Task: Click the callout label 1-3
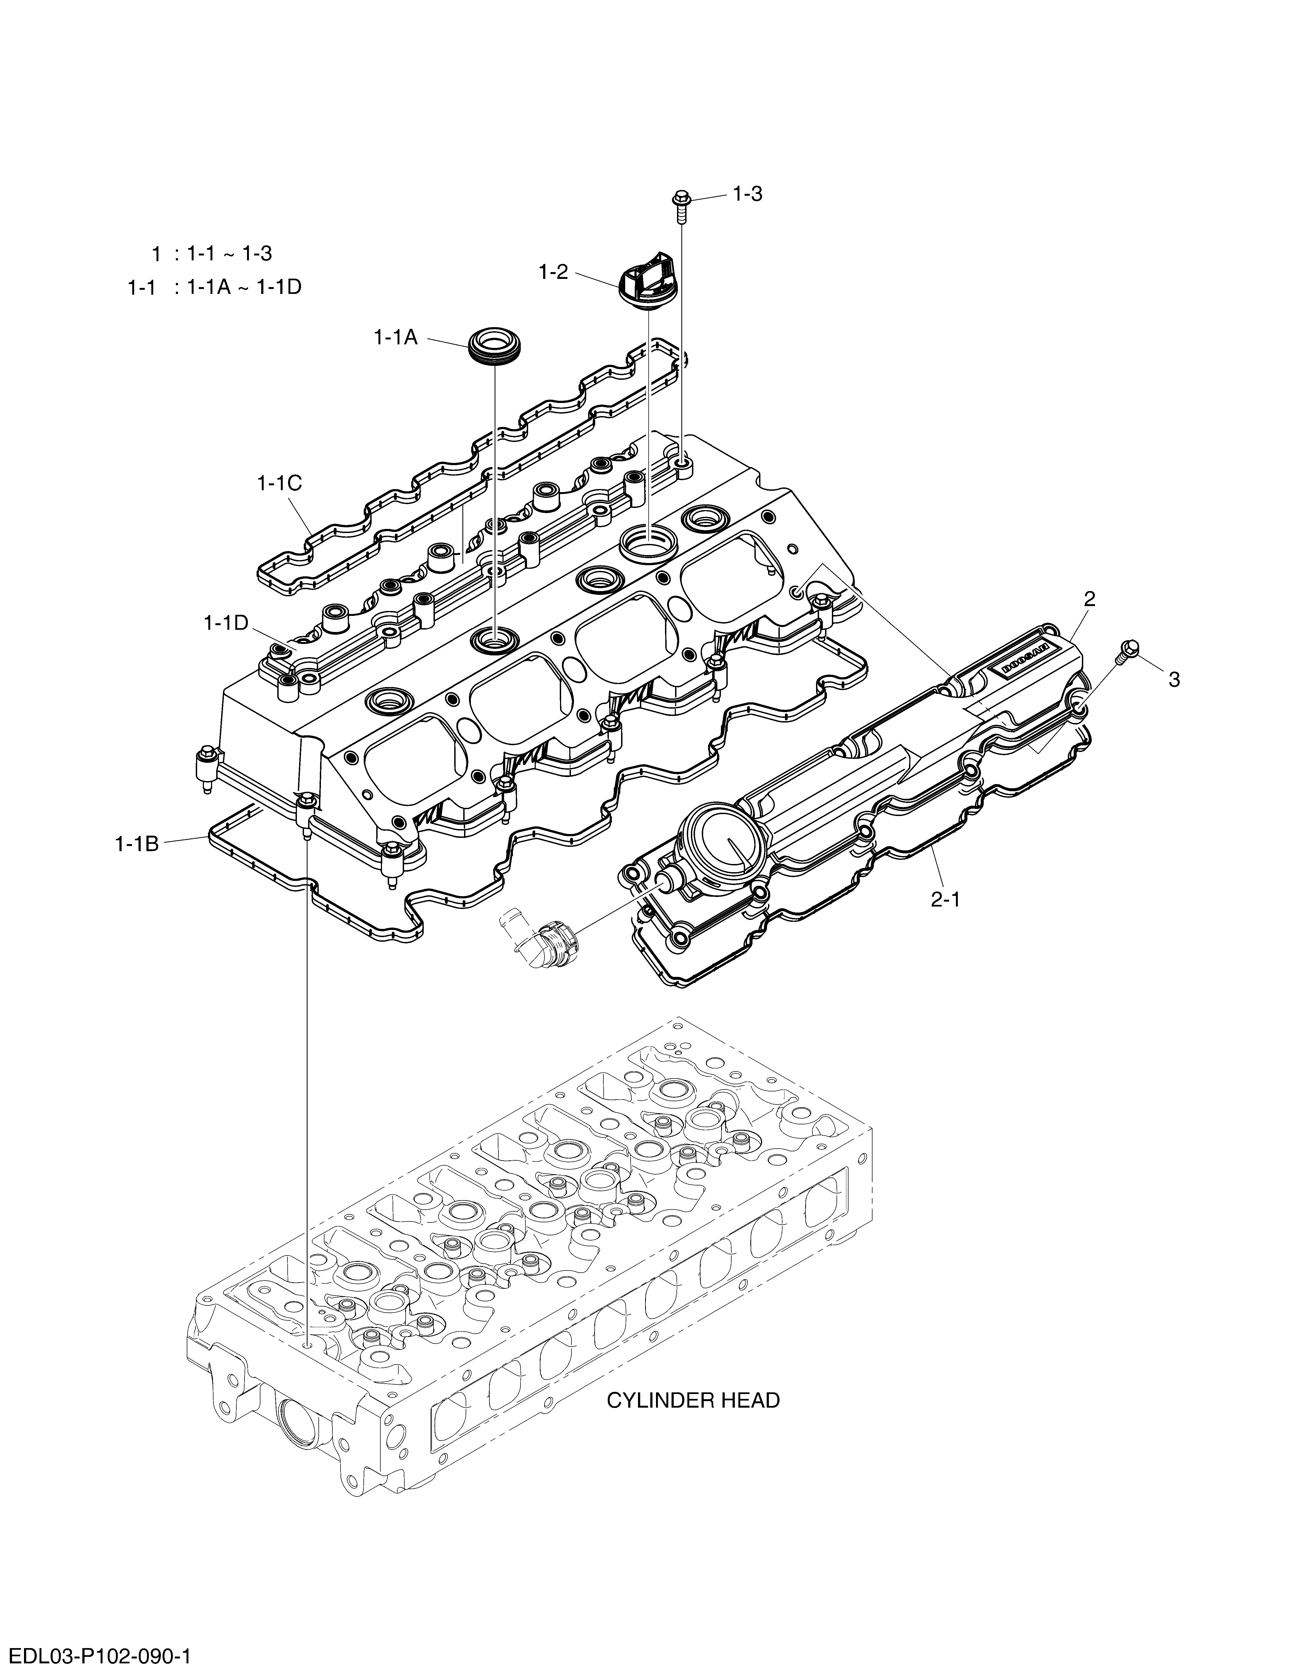747,194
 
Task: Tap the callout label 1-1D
226,622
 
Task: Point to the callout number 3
1174,679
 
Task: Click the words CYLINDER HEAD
693,1400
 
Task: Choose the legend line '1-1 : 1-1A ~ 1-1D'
215,287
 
